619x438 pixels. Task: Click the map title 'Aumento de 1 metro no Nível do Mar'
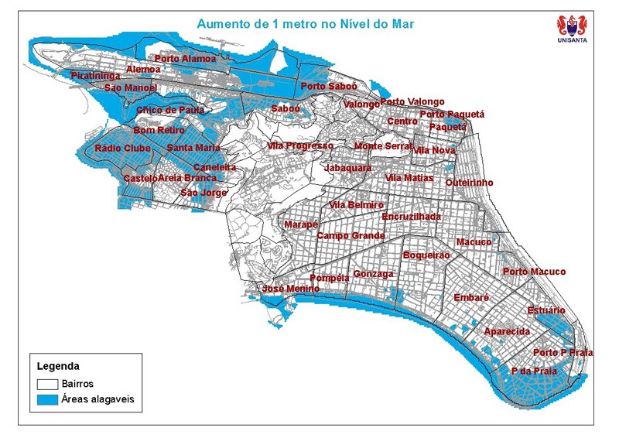[305, 24]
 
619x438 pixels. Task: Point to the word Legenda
[59, 366]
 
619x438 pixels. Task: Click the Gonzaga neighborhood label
[373, 274]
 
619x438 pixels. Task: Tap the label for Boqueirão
[426, 255]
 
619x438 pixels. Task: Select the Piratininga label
[95, 76]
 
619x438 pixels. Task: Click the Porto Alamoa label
[186, 59]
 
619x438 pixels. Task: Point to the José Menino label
[291, 289]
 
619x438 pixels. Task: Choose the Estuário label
[546, 310]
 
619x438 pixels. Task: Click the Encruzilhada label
[411, 217]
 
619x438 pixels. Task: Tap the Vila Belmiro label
[356, 205]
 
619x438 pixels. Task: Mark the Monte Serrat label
[383, 146]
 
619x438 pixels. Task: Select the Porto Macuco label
[534, 272]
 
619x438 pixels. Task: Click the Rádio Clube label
[122, 149]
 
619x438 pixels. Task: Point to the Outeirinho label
[469, 183]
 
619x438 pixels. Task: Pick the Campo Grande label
[351, 235]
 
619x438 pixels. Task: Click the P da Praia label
[534, 371]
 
